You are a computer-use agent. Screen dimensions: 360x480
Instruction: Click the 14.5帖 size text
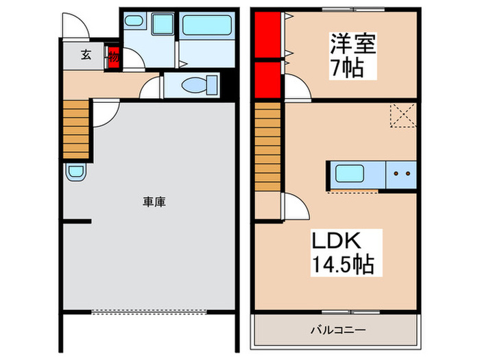point(344,264)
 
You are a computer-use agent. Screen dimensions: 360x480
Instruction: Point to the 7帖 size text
point(346,69)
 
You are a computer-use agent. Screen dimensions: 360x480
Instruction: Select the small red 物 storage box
point(113,58)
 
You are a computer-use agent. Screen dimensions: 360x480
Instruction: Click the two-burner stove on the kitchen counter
point(401,173)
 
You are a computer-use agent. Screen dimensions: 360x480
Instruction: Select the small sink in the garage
point(75,173)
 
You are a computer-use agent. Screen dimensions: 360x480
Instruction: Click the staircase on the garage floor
point(77,130)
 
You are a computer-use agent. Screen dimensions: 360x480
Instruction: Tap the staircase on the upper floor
point(268,147)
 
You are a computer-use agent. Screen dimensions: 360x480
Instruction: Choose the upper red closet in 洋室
point(267,34)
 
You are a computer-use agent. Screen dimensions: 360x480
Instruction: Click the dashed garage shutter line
point(149,312)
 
